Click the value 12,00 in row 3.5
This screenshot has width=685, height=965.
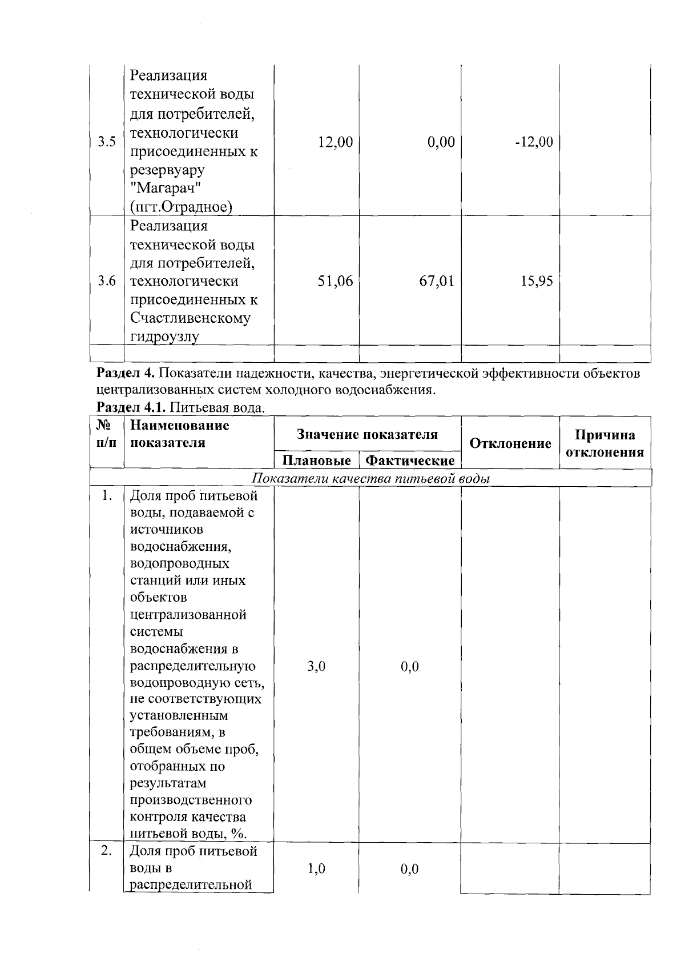(335, 142)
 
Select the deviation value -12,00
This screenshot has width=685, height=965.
(534, 142)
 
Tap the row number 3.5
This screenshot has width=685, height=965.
(107, 142)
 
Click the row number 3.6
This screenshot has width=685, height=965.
(107, 281)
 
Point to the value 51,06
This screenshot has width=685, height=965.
(335, 281)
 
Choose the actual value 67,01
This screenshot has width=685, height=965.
(437, 281)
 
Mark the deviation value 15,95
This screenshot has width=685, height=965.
(537, 281)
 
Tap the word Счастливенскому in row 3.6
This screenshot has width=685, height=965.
(190, 318)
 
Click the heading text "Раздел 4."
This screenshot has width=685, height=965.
(126, 374)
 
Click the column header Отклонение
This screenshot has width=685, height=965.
(510, 443)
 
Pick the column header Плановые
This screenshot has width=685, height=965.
(317, 461)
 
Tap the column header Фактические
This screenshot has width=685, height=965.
(410, 461)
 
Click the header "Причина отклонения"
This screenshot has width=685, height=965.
(605, 443)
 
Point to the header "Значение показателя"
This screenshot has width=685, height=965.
(367, 434)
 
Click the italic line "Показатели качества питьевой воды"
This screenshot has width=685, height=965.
(371, 479)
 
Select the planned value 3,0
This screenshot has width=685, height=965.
(316, 666)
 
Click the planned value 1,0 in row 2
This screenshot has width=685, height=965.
(316, 869)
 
